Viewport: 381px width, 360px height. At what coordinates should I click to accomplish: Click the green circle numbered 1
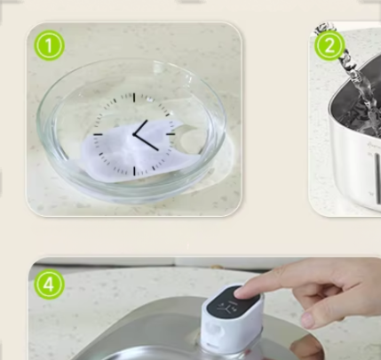(49, 45)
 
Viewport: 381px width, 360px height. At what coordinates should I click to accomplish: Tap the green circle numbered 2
(329, 45)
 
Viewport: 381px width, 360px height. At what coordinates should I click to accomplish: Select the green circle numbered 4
(49, 284)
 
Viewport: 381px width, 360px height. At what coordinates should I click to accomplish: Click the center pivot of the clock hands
(134, 134)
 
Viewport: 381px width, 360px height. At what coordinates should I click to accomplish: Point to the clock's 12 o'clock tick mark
(134, 98)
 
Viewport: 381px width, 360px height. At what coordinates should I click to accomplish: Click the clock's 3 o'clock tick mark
(171, 134)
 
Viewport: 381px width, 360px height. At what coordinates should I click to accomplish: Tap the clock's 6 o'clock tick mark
(134, 171)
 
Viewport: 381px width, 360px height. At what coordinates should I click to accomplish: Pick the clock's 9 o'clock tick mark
(98, 134)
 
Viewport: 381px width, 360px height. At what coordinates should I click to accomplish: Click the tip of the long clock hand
(158, 148)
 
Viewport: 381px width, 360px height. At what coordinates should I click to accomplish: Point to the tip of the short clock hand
(147, 121)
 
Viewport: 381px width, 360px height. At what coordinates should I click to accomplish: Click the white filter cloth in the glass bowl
(131, 151)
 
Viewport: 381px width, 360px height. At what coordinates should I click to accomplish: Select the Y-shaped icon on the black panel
(224, 308)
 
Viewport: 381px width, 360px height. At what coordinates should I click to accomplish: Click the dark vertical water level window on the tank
(378, 179)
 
